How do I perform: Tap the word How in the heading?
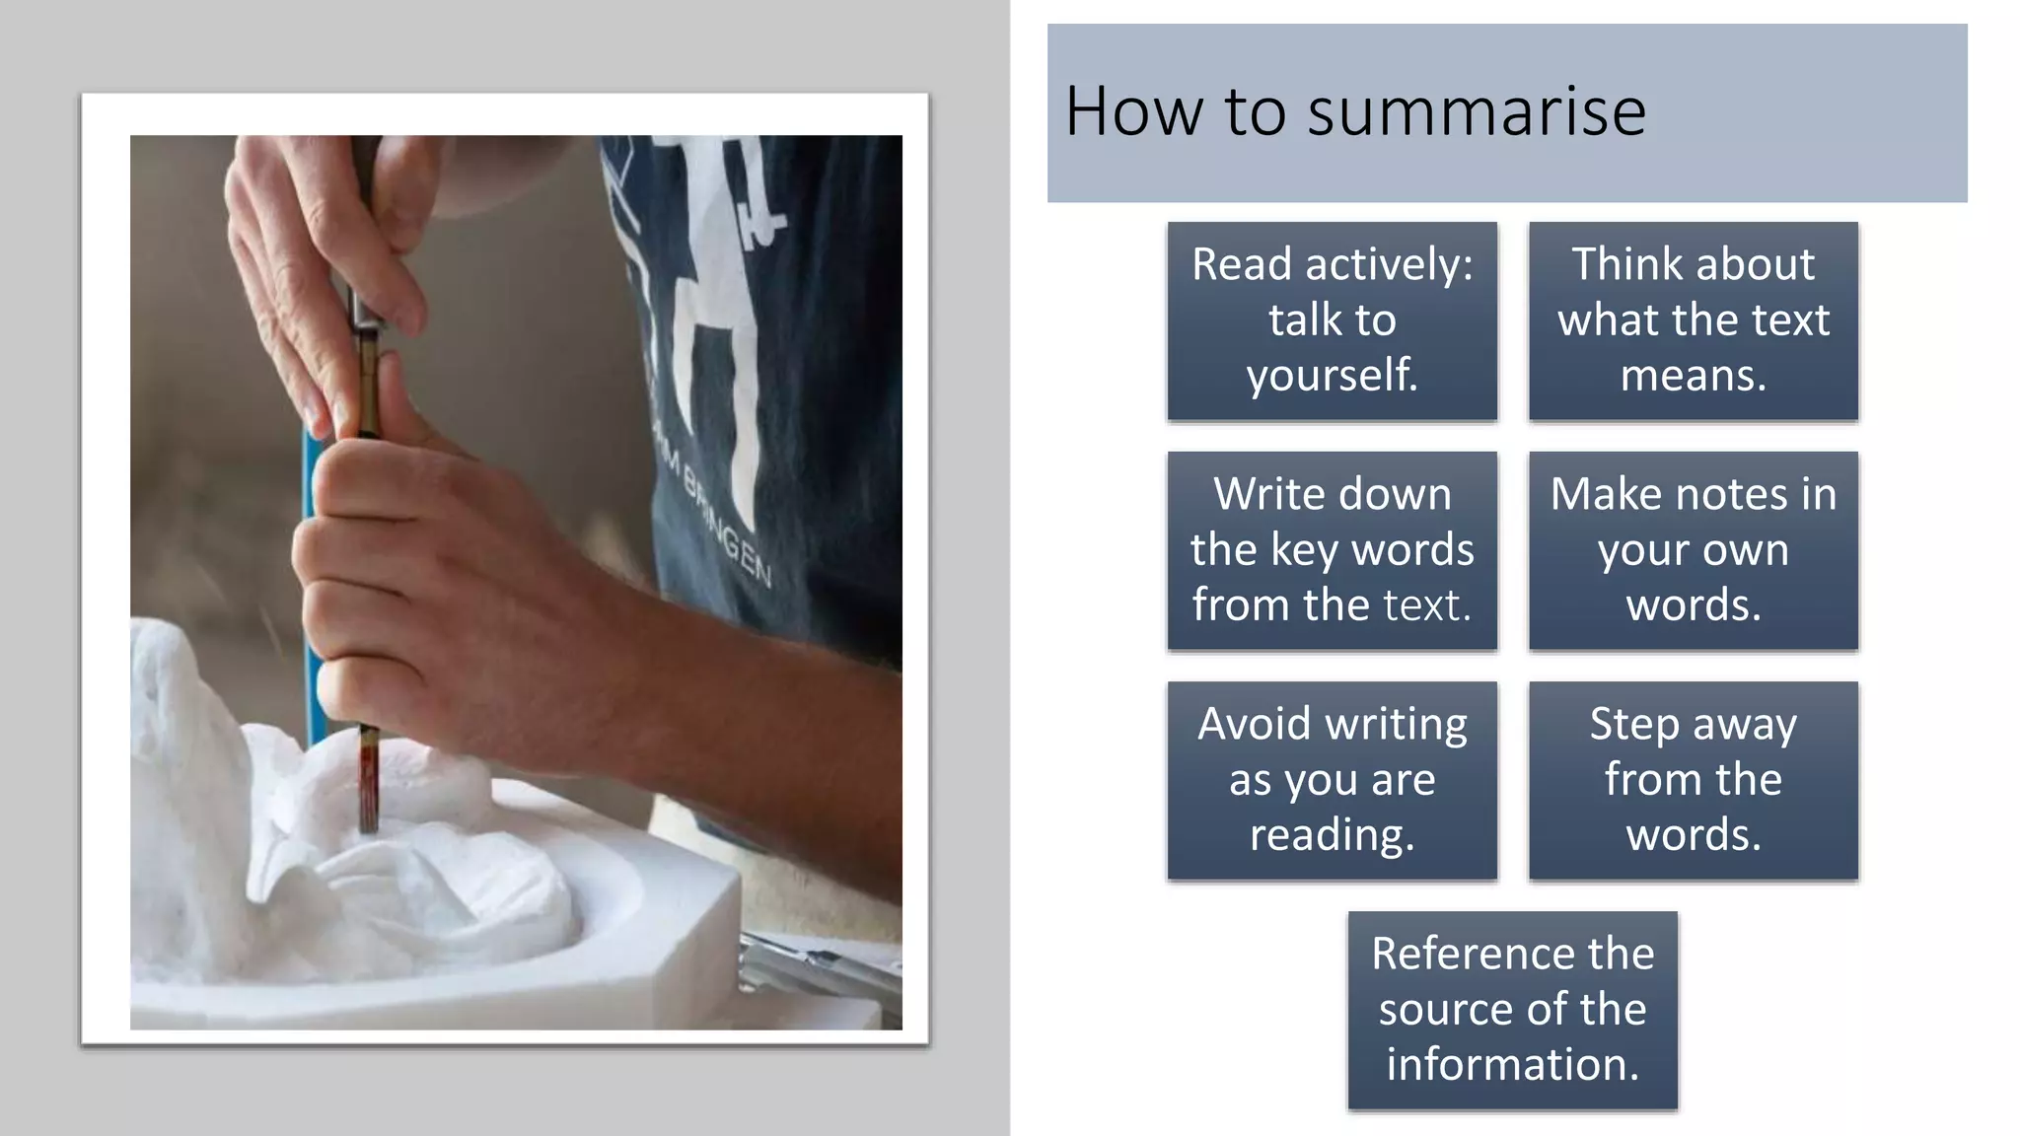pyautogui.click(x=1135, y=110)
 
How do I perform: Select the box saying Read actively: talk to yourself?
pyautogui.click(x=1332, y=320)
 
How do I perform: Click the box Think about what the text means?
pyautogui.click(x=1693, y=320)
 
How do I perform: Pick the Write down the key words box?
pyautogui.click(x=1332, y=550)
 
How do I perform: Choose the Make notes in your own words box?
pyautogui.click(x=1693, y=550)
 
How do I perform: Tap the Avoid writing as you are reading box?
pyautogui.click(x=1332, y=780)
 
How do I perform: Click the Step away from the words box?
pyautogui.click(x=1693, y=780)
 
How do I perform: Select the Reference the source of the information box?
pyautogui.click(x=1512, y=1010)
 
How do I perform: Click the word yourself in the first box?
pyautogui.click(x=1332, y=376)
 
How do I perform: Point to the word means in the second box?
pyautogui.click(x=1693, y=376)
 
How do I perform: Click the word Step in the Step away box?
pyautogui.click(x=1632, y=724)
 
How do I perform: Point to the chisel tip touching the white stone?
pyautogui.click(x=369, y=824)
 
